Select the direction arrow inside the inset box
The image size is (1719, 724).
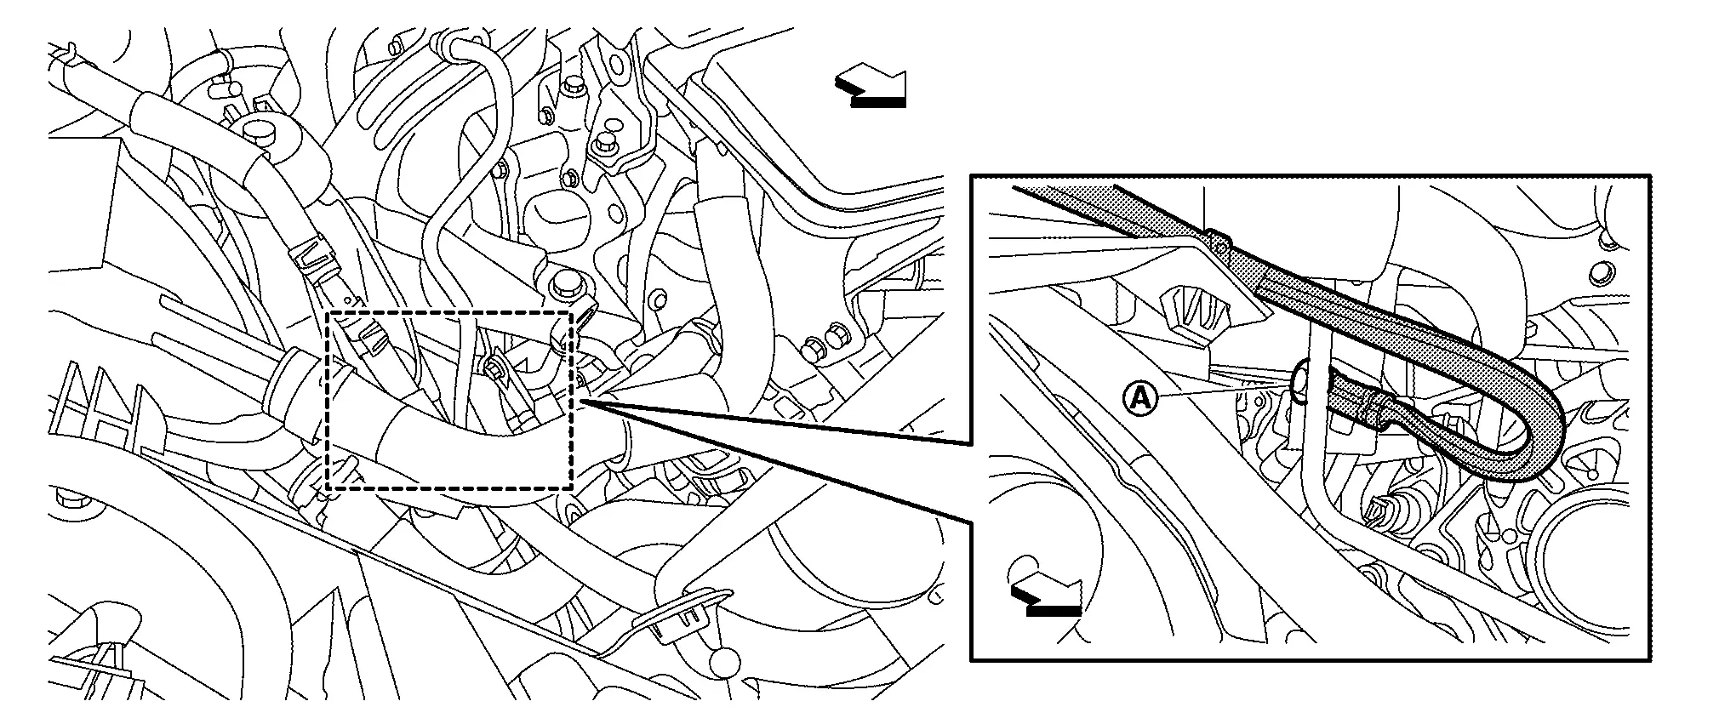click(1046, 598)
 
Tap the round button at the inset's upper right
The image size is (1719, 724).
click(1598, 272)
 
